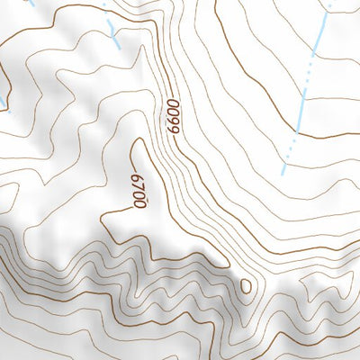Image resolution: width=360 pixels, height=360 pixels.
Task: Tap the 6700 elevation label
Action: [138, 191]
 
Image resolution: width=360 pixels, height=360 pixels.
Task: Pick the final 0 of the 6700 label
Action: [139, 204]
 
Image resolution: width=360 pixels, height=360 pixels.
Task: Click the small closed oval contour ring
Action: [246, 286]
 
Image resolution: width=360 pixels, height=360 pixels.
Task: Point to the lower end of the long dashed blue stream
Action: [283, 172]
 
